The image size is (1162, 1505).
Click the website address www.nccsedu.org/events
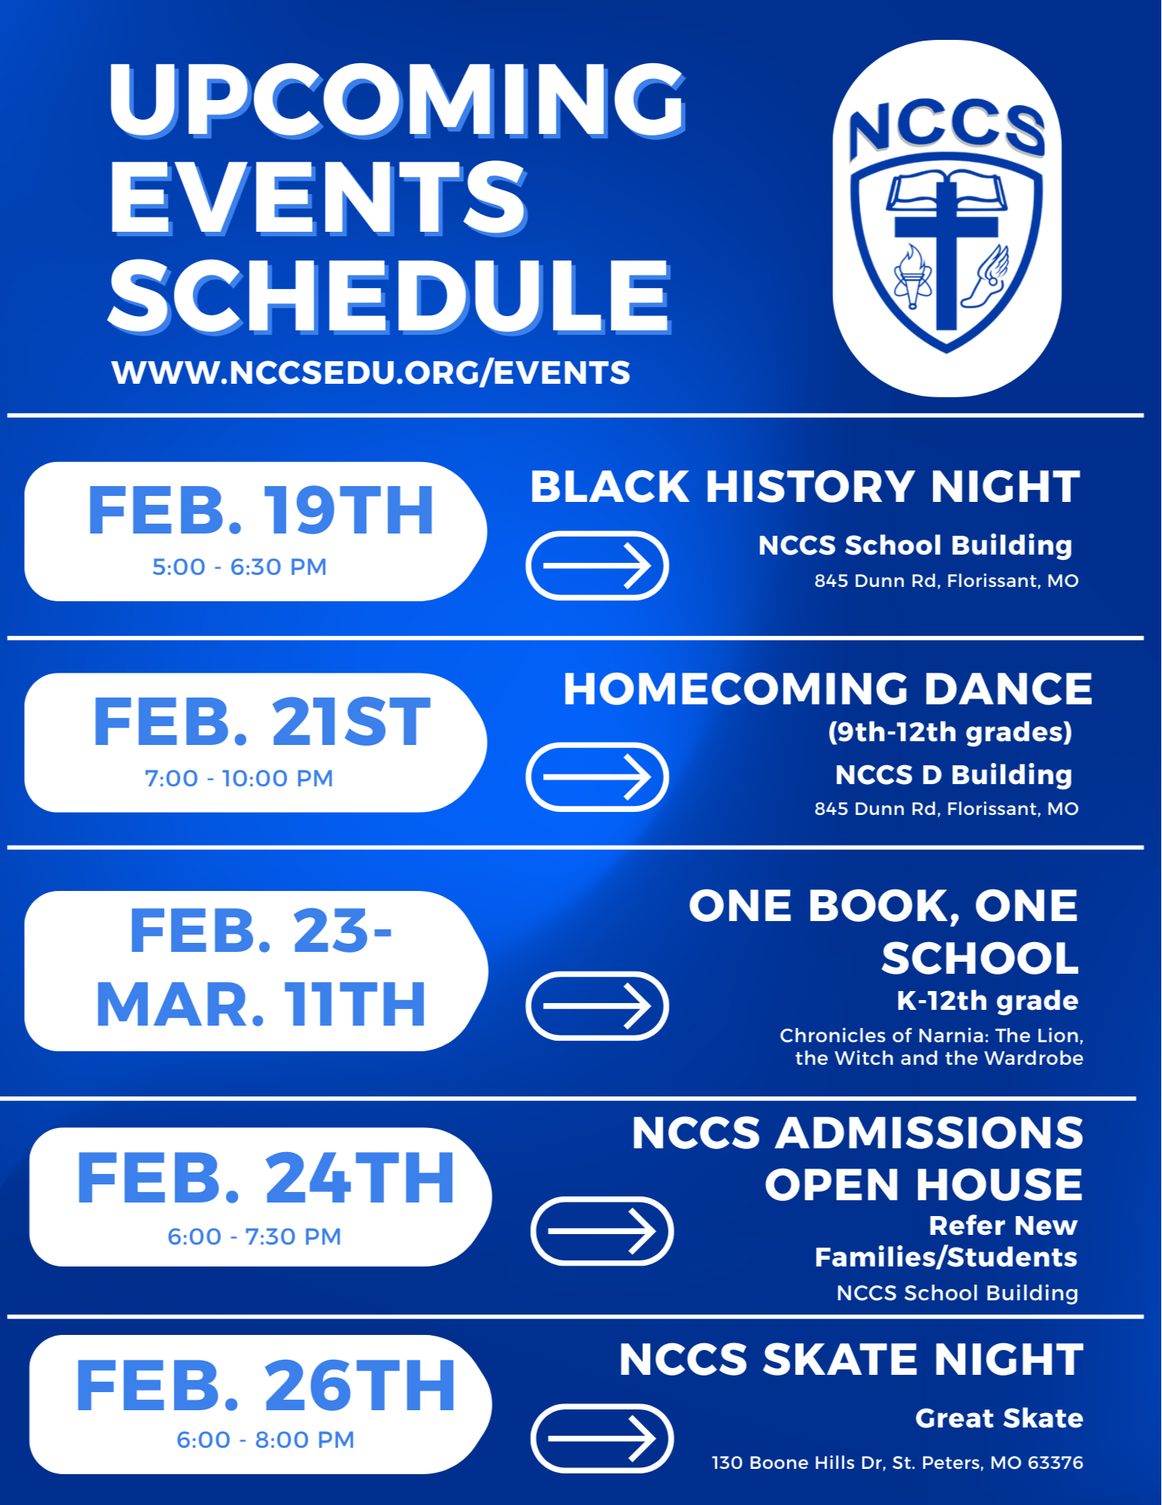[x=371, y=372]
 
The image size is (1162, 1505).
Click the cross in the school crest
[x=946, y=248]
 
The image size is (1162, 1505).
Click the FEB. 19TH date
[x=260, y=512]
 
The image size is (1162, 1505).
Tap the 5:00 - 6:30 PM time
[x=239, y=567]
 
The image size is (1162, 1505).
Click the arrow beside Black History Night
[x=597, y=565]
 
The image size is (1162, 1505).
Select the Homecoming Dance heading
[x=827, y=689]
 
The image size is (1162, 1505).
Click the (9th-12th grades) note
[x=950, y=732]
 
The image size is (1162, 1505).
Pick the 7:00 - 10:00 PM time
[x=239, y=778]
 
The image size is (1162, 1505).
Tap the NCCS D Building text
[x=953, y=775]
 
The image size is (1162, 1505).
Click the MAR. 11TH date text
[x=260, y=1004]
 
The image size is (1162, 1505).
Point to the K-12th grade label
[x=987, y=1001]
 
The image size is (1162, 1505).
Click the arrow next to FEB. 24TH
[x=602, y=1231]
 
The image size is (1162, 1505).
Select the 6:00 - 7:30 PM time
[x=254, y=1236]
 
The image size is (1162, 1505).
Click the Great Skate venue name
[x=999, y=1418]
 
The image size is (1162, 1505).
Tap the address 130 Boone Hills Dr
[x=897, y=1463]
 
